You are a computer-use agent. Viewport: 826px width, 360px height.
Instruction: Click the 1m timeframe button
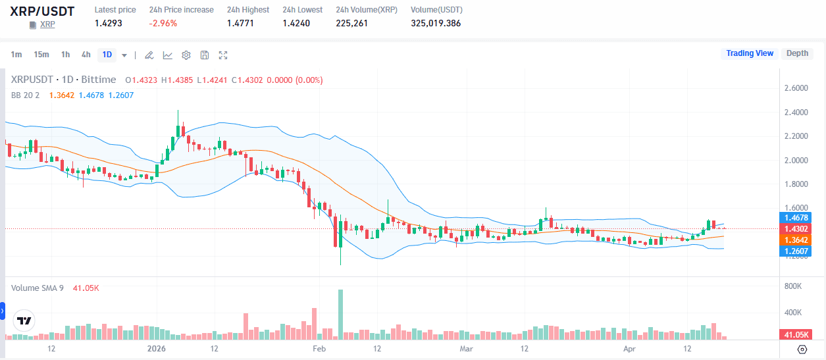tap(16, 55)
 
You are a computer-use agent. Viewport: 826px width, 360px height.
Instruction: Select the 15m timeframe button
tap(41, 55)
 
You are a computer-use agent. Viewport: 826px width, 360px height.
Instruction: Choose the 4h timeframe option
tap(86, 55)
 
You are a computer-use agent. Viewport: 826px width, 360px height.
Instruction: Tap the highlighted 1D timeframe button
tap(107, 55)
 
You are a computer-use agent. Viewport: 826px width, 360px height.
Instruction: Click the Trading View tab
tap(750, 53)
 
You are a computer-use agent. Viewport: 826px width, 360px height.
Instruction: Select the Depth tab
tap(797, 53)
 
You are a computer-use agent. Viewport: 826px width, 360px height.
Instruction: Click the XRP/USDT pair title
tap(42, 11)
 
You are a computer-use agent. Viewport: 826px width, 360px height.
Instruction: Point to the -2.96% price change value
tap(163, 23)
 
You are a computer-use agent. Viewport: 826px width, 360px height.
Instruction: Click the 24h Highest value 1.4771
tap(240, 23)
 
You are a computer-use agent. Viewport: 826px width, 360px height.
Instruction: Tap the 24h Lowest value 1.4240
tap(296, 23)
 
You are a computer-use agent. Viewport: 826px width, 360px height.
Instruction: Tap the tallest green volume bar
tap(341, 314)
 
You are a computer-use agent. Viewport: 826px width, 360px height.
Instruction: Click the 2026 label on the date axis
tap(157, 347)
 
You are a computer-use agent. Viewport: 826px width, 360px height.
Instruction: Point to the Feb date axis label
tap(319, 347)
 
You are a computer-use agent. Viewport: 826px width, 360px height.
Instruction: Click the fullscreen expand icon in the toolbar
tap(223, 55)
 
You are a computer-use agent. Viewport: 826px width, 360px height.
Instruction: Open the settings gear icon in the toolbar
tap(186, 55)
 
